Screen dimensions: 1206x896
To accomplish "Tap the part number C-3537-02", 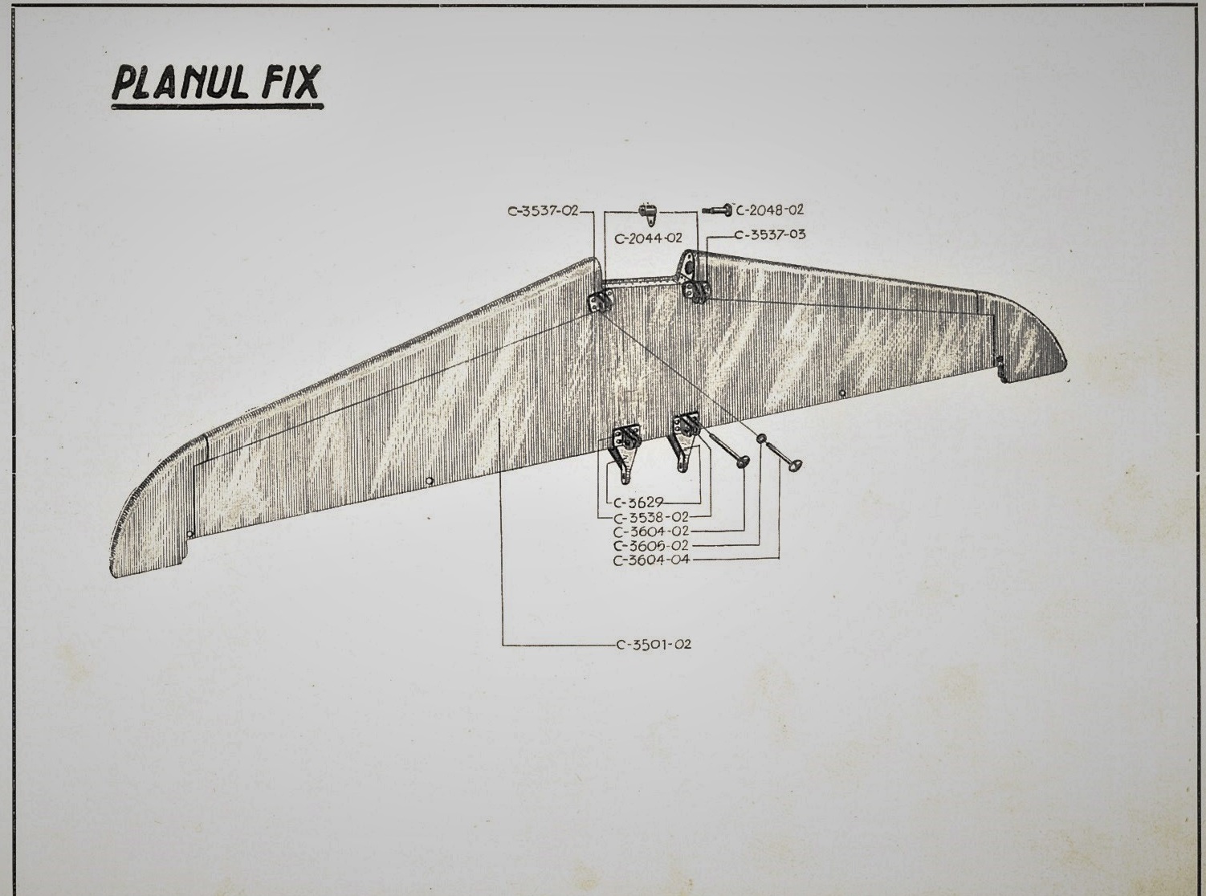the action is [x=544, y=211].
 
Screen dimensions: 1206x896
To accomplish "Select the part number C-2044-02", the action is [x=648, y=238].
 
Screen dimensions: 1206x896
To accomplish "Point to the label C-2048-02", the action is [x=769, y=210].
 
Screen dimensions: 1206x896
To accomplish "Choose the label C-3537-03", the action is [x=770, y=235].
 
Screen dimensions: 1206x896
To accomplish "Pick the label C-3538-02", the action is [x=651, y=516].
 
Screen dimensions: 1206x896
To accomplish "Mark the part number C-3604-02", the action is [x=651, y=531].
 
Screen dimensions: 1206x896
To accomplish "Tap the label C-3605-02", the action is [x=651, y=545].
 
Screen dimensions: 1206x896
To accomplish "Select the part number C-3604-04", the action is [x=651, y=560].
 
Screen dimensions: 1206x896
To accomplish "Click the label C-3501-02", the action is [x=654, y=645].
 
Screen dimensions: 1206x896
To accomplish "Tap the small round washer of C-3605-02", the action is [x=762, y=438].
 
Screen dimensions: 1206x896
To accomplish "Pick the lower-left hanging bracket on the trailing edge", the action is [x=625, y=454].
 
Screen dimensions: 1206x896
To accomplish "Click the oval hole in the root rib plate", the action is [x=691, y=267].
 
